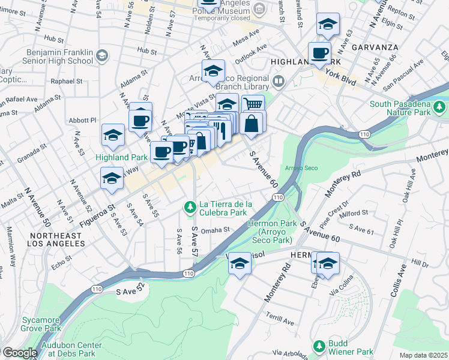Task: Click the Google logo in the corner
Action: tap(19, 353)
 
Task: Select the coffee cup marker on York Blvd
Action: tap(320, 53)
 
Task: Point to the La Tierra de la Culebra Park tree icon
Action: tap(190, 208)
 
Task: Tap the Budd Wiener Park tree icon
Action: tap(319, 347)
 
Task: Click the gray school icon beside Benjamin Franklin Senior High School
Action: tap(101, 56)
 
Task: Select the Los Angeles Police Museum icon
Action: tap(259, 8)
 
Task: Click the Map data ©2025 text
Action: tap(423, 355)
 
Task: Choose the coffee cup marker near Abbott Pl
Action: tap(140, 121)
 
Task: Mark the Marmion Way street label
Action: tap(11, 246)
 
